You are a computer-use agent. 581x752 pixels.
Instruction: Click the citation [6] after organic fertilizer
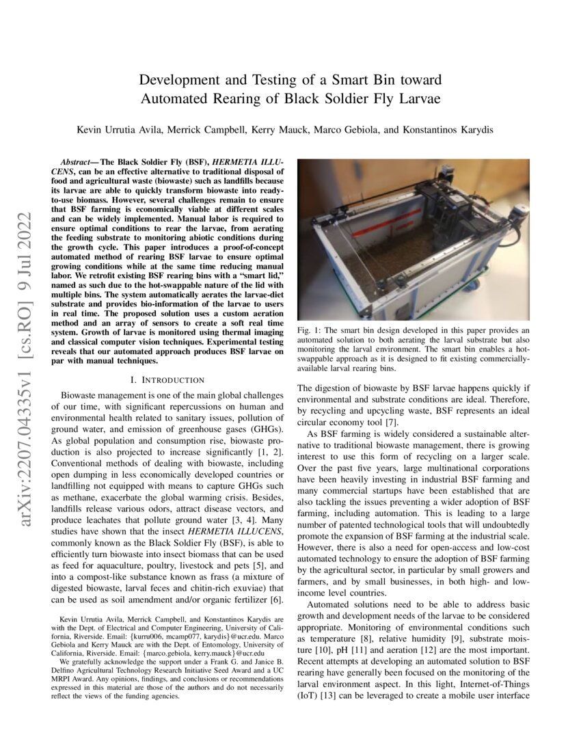click(275, 600)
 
